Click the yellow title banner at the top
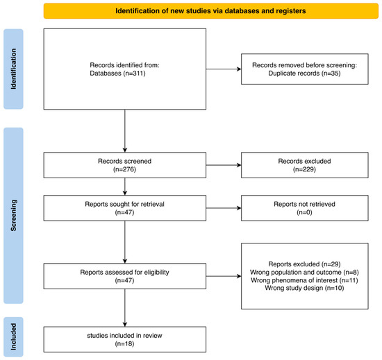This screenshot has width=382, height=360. click(210, 11)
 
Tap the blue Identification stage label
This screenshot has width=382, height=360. click(13, 69)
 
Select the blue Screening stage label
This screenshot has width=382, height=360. click(13, 216)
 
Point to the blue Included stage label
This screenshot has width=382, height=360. click(13, 336)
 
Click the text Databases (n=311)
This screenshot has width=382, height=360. click(117, 74)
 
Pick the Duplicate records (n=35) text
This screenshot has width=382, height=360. click(304, 74)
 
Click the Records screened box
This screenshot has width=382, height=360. click(125, 165)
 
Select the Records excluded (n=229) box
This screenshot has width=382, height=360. click(305, 165)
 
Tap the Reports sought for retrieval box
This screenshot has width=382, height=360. click(125, 208)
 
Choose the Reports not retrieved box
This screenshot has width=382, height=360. click(305, 208)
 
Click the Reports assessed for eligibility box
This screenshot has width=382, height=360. click(125, 276)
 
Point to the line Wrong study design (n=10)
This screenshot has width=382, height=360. click(304, 288)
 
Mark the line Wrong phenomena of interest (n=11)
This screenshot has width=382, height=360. click(304, 280)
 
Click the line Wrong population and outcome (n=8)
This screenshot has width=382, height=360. click(304, 272)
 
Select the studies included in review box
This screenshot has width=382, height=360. click(125, 339)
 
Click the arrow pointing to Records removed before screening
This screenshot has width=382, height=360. click(224, 69)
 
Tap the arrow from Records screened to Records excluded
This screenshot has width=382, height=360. click(224, 165)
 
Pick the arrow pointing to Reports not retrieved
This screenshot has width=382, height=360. click(224, 208)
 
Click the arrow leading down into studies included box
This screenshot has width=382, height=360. click(125, 308)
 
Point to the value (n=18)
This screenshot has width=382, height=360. click(125, 344)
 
